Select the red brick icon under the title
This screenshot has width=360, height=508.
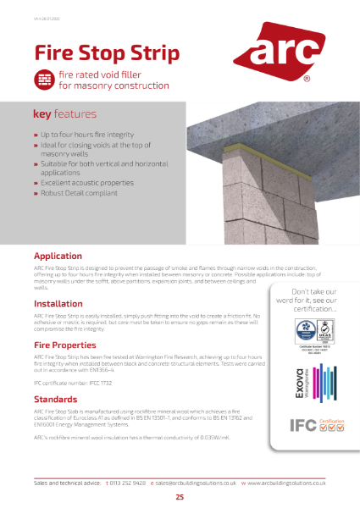click(43, 79)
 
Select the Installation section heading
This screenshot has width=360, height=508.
click(58, 304)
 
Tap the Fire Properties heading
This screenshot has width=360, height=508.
click(65, 346)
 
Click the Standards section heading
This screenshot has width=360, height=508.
click(54, 399)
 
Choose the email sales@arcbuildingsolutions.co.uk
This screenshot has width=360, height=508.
click(196, 483)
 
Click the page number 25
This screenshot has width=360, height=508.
click(180, 497)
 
